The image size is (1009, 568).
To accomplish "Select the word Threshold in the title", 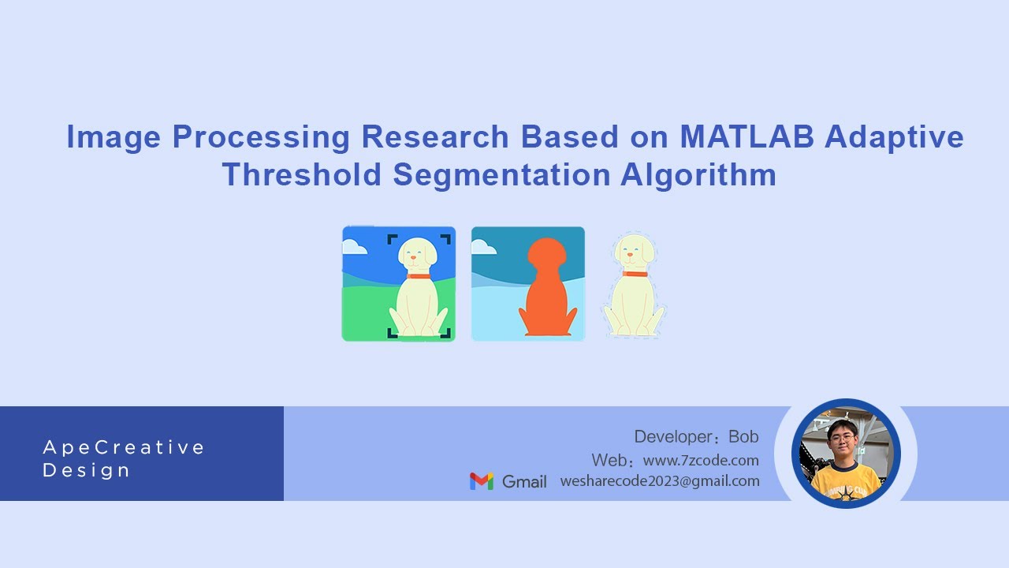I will pos(302,174).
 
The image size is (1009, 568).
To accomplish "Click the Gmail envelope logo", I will pos(482,481).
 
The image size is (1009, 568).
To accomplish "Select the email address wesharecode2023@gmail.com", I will pos(660,480).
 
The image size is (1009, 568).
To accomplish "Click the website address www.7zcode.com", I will pos(701,460).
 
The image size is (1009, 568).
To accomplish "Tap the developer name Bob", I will pos(743,437).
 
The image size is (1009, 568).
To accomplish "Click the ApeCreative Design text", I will pos(124,459).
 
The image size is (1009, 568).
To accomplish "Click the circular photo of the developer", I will pos(846,453).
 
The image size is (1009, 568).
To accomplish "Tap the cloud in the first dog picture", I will pos(355,247).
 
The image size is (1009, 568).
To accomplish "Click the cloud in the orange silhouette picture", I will pos(483,248).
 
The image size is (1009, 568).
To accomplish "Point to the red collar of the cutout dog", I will pos(635,274).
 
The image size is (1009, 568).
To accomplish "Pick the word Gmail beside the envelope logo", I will pos(524,481).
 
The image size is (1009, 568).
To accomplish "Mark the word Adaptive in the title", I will pos(894,137).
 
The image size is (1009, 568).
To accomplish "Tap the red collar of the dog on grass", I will pos(419,275).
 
